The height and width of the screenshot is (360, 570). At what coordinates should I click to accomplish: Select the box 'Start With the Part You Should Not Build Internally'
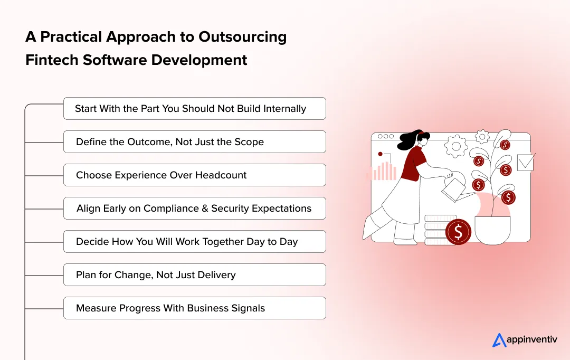click(x=194, y=109)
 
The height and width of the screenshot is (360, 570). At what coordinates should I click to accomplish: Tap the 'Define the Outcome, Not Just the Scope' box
click(x=194, y=142)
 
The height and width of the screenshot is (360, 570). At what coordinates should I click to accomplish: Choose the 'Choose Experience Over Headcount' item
click(x=194, y=175)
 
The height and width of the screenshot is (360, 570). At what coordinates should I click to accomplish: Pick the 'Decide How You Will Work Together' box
click(x=194, y=242)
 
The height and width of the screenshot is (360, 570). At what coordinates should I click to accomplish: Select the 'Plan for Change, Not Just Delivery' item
click(x=194, y=275)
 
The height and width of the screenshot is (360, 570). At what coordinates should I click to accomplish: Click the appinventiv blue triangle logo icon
click(x=499, y=340)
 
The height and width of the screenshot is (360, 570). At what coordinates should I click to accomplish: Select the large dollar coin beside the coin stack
click(x=458, y=231)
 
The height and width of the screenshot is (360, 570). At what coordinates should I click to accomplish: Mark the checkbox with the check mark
click(x=526, y=162)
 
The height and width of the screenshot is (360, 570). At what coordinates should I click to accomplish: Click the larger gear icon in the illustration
click(x=457, y=146)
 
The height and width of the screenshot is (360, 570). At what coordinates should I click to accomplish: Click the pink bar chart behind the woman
click(x=384, y=171)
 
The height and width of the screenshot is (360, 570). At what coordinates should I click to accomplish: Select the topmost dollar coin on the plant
click(x=505, y=145)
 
